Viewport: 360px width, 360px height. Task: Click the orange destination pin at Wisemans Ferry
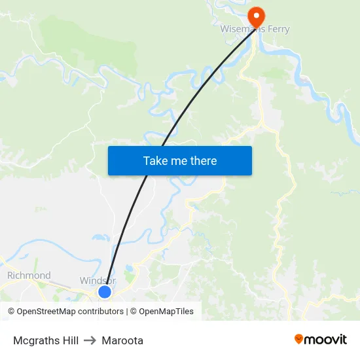(x=256, y=16)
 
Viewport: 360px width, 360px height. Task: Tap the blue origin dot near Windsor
(x=105, y=292)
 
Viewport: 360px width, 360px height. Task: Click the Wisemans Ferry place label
(x=255, y=29)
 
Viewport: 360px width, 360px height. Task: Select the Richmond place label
(x=29, y=276)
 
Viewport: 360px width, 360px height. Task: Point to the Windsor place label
(x=98, y=281)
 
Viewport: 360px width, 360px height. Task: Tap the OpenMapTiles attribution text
(x=166, y=312)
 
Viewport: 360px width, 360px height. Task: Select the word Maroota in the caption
(x=122, y=340)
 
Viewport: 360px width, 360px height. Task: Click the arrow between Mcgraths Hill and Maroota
(x=90, y=340)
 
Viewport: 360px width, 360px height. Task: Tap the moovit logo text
(x=326, y=340)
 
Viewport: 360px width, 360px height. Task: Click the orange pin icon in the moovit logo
(x=299, y=339)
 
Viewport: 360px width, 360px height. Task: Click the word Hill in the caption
(x=70, y=340)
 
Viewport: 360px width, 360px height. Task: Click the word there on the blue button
(x=203, y=160)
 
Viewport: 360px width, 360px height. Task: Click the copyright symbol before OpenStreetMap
(x=12, y=312)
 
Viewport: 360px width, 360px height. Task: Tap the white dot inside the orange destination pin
(x=256, y=14)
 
